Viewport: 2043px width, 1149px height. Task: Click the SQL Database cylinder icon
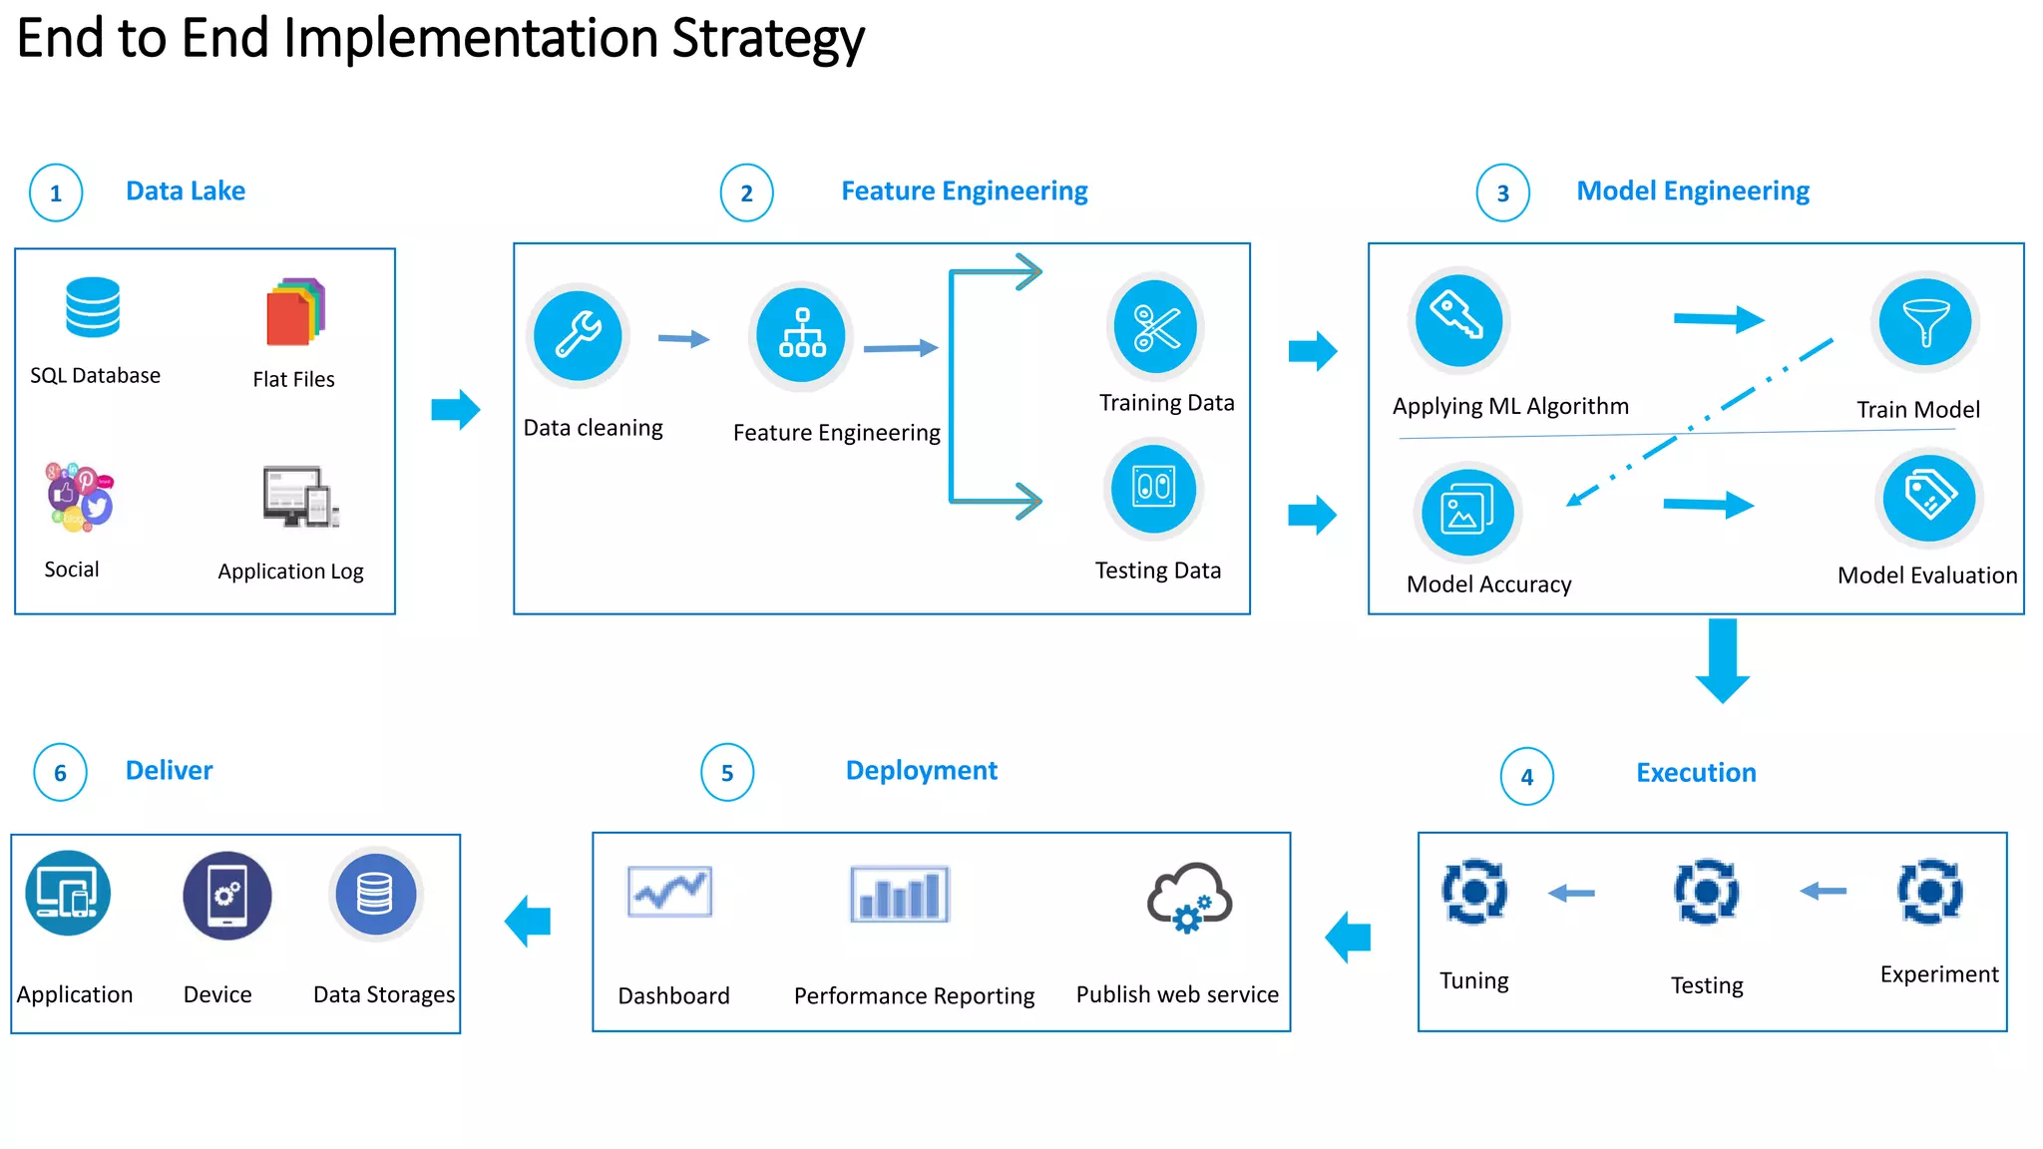click(93, 307)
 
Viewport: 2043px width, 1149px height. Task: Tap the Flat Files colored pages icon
click(295, 312)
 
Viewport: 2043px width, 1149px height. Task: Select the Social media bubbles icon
click(80, 496)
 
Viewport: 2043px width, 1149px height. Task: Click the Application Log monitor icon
click(300, 496)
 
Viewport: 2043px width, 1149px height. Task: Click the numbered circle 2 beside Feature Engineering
click(746, 192)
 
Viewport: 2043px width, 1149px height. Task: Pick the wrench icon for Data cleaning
click(578, 335)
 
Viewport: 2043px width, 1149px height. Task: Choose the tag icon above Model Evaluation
click(1928, 496)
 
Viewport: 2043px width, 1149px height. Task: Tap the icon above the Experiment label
click(1929, 891)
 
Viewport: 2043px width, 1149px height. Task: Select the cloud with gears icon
click(1189, 897)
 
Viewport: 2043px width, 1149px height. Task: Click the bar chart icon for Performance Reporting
click(899, 895)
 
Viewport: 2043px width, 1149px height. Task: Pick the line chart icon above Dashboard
click(669, 891)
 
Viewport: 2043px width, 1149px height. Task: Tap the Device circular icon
click(226, 895)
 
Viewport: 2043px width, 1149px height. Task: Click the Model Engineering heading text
click(1692, 191)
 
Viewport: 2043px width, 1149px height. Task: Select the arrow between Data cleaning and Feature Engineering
click(684, 339)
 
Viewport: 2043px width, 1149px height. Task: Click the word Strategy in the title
click(767, 40)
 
